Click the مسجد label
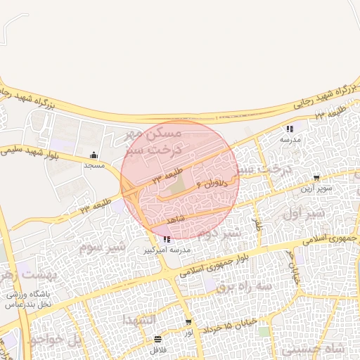pyautogui.click(x=94, y=166)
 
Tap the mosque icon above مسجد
pyautogui.click(x=94, y=155)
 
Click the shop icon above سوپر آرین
pyautogui.click(x=316, y=177)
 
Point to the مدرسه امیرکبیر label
pyautogui.click(x=166, y=250)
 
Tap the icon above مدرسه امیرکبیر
pyautogui.click(x=166, y=240)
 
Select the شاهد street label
pyautogui.click(x=174, y=220)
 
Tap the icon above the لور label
pyautogui.click(x=188, y=322)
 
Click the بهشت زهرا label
pyautogui.click(x=28, y=274)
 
